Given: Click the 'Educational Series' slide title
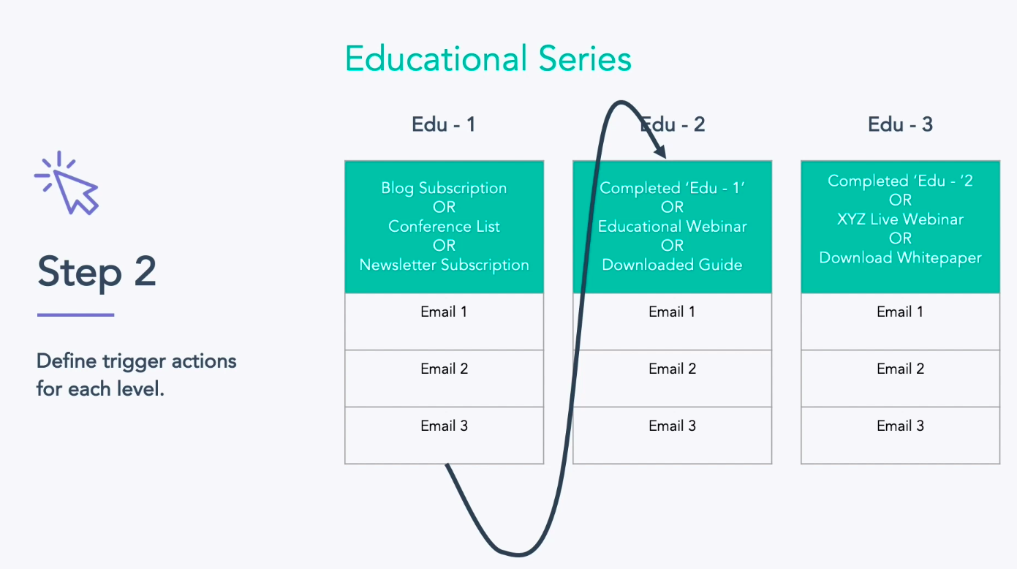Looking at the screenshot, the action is pos(488,59).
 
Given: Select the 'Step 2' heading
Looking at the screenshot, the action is pos(97,271).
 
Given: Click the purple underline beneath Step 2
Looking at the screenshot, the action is pos(75,315).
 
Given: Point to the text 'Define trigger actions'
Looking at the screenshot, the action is pos(137,361).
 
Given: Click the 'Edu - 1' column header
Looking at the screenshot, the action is pos(444,124).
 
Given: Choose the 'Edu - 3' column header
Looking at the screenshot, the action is pos(900,124).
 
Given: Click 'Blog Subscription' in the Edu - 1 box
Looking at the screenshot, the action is pos(444,188).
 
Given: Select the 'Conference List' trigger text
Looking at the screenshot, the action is pos(444,226).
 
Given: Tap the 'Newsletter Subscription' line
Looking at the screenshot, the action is pos(444,265).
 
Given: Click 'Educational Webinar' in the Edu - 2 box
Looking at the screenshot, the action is pos(672,226).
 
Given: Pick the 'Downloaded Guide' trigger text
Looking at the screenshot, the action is pos(672,265).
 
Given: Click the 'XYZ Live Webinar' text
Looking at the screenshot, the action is pos(900,219).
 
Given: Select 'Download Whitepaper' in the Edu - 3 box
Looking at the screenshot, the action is pos(900,257).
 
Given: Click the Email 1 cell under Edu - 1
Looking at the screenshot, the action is pos(444,321).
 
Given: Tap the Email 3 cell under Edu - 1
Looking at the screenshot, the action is pos(444,434).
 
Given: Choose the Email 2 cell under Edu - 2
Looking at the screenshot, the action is pos(672,378).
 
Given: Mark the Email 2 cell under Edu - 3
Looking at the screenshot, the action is pos(900,378).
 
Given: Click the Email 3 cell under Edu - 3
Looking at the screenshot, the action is pos(900,434).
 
